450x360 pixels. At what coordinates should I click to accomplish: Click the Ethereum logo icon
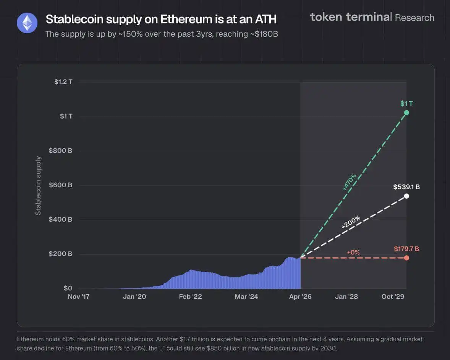(x=27, y=23)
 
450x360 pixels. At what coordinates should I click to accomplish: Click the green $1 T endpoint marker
(x=406, y=112)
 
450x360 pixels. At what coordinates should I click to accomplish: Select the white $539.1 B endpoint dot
(x=406, y=196)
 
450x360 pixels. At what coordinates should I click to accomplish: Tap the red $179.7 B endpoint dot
(x=406, y=258)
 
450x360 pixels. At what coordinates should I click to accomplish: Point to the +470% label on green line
(x=350, y=182)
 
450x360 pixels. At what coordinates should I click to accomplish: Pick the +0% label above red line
(x=353, y=252)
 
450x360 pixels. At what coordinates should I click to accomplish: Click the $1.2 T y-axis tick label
(x=63, y=82)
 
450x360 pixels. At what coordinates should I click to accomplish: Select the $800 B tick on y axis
(x=60, y=151)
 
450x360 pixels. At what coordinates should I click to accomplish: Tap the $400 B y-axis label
(x=60, y=219)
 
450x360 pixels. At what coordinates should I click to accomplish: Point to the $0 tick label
(x=67, y=288)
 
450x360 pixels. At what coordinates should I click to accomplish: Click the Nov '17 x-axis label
(x=79, y=297)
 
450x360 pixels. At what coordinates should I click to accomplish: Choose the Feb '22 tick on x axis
(x=190, y=297)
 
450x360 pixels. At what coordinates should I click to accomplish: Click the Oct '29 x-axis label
(x=393, y=297)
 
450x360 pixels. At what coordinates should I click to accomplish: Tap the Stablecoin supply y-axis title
(x=38, y=186)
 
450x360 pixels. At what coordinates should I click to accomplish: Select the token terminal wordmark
(x=350, y=17)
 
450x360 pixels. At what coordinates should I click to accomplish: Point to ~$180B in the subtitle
(x=263, y=34)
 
